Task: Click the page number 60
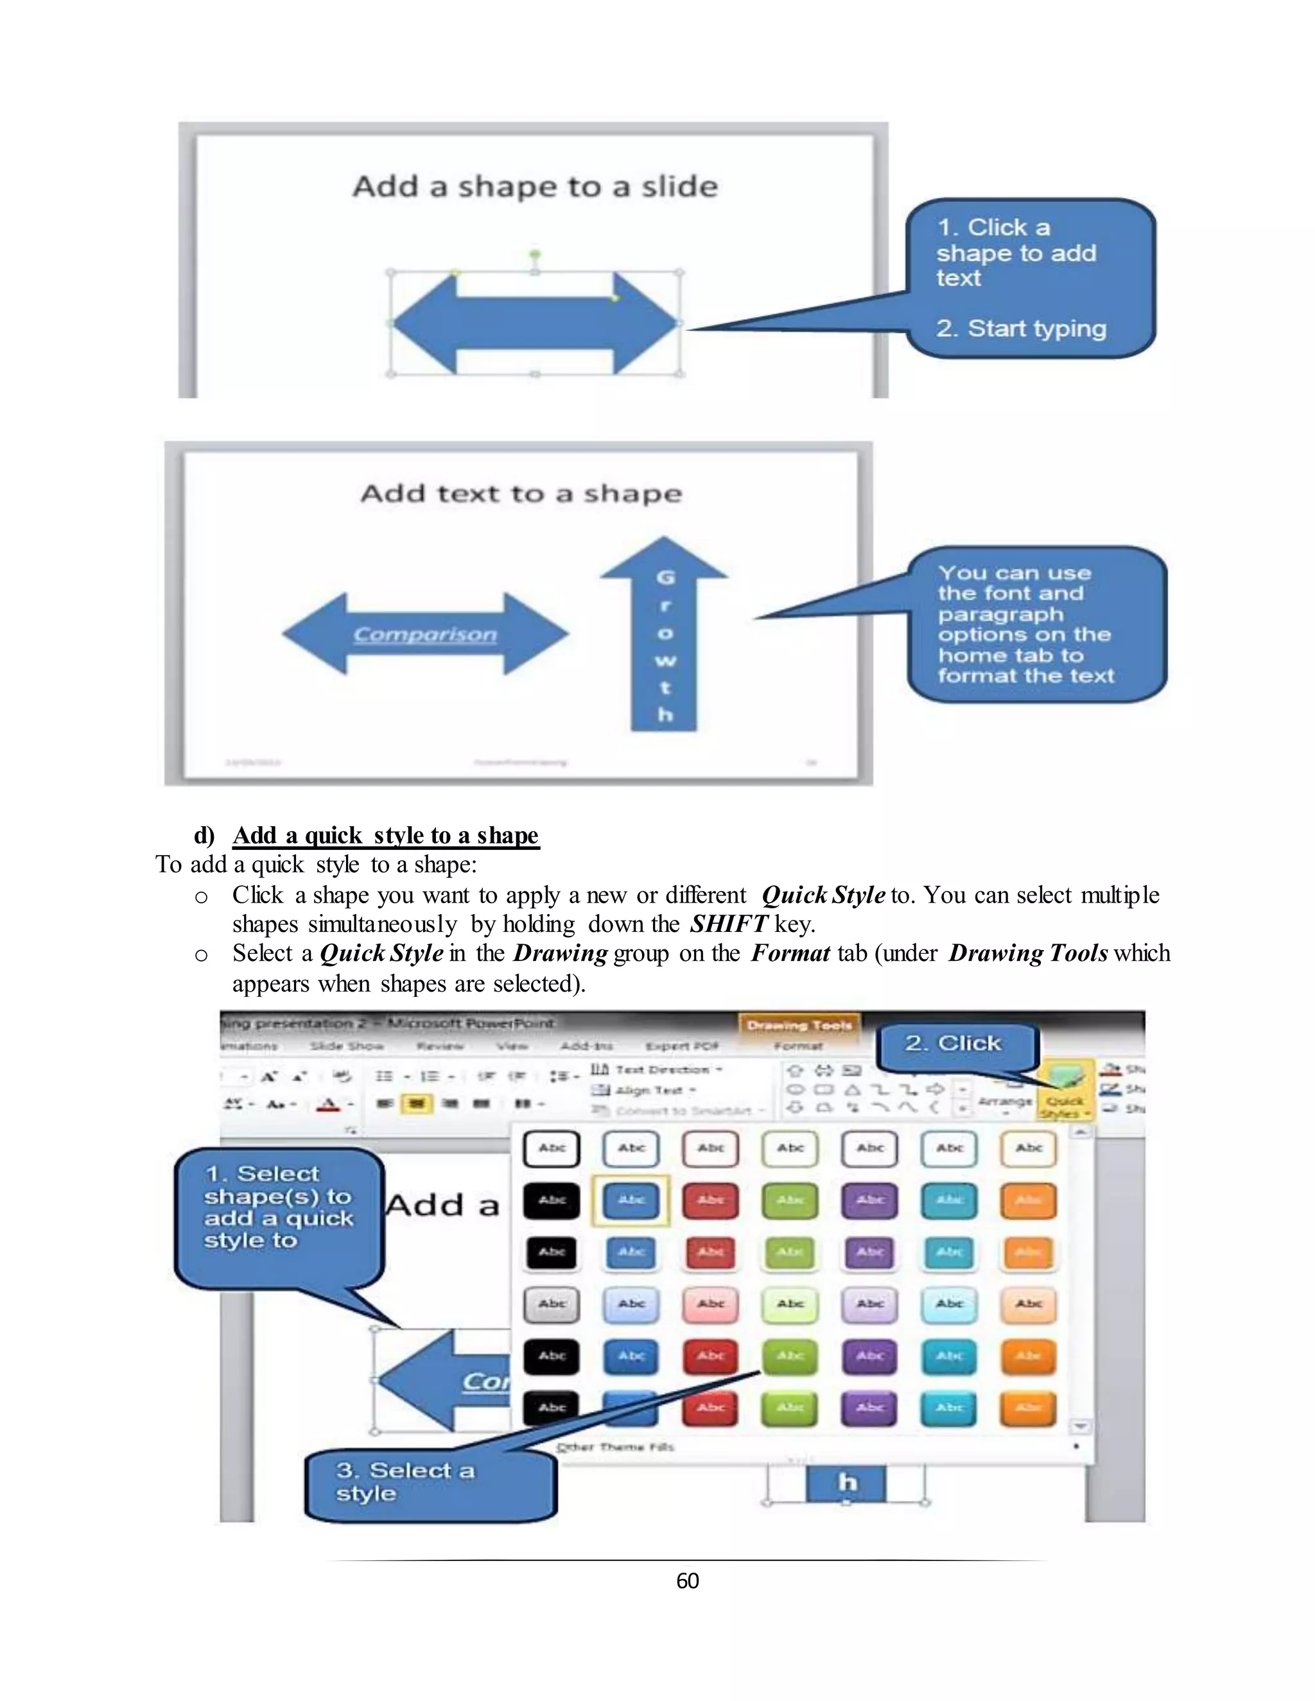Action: click(x=687, y=1580)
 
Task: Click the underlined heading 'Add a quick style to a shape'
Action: click(x=386, y=835)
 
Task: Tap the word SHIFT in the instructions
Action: click(x=728, y=924)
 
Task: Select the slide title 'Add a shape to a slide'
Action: click(x=536, y=187)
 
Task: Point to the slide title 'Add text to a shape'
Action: click(x=521, y=494)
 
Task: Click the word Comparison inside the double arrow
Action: click(x=425, y=635)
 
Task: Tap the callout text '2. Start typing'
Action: click(x=1020, y=329)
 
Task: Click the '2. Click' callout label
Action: click(x=953, y=1044)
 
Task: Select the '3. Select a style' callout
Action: click(x=405, y=1481)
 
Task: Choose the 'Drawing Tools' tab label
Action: click(x=799, y=1025)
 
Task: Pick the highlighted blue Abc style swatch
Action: click(x=631, y=1200)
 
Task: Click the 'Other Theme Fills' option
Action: click(x=615, y=1447)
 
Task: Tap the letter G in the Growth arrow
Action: click(x=665, y=578)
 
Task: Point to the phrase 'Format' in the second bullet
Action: click(x=790, y=953)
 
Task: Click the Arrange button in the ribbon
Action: click(x=1005, y=1101)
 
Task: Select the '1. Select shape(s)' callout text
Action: click(x=278, y=1207)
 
